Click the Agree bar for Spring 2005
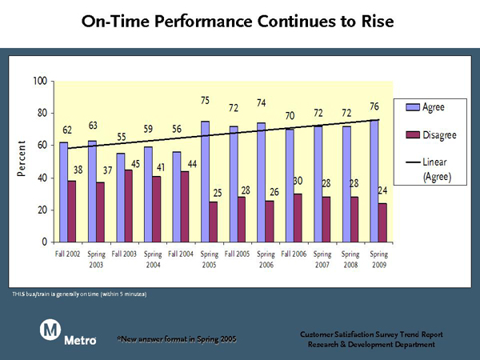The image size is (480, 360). point(205,182)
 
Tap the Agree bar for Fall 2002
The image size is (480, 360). point(64,192)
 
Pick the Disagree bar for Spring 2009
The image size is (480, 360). point(382,223)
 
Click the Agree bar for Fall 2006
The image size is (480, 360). point(290,186)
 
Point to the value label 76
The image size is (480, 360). point(374,106)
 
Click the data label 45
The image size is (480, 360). point(135,164)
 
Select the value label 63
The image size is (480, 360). point(93,126)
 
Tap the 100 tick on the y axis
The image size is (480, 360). point(40,81)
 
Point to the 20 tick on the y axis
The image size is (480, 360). point(42,210)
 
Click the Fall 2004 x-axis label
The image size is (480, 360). point(181,254)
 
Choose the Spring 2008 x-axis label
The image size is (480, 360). point(350,259)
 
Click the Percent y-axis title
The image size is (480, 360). point(21,158)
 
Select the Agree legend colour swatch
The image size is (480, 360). point(413,107)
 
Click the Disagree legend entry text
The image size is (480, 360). point(439,135)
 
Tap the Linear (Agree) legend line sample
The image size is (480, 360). point(413,162)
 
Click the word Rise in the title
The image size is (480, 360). point(378,21)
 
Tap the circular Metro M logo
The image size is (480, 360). point(50,330)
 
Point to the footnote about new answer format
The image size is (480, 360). point(177,339)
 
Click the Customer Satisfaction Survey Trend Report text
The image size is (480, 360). point(371,334)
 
